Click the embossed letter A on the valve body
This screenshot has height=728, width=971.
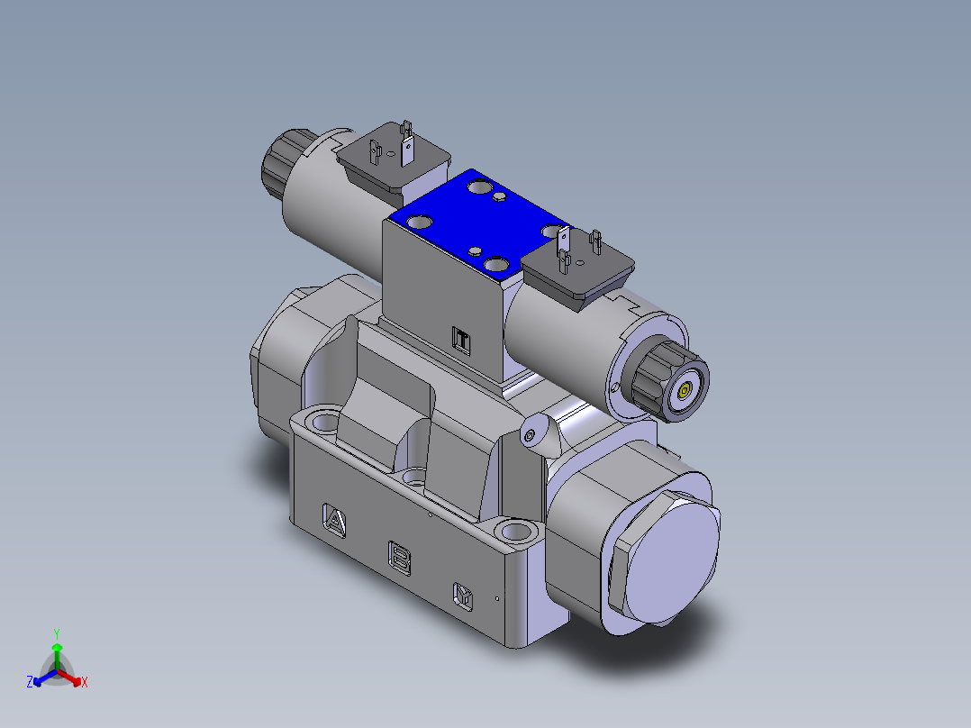point(334,521)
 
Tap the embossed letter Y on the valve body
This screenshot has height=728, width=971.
point(463,594)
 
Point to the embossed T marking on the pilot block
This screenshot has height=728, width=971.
point(461,340)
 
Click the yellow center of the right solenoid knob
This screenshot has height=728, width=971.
point(684,391)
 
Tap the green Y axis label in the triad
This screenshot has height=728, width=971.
point(56,632)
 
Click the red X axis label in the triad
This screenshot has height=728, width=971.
point(85,683)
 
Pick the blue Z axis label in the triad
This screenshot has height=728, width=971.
point(30,683)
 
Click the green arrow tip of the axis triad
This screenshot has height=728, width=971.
point(57,647)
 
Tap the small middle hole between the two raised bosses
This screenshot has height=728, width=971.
point(414,475)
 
